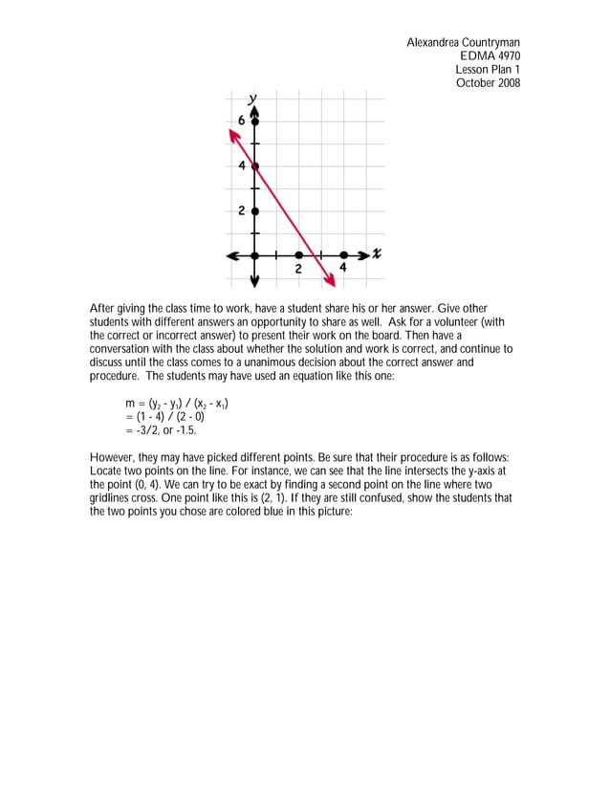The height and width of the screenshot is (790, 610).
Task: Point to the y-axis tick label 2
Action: tap(242, 210)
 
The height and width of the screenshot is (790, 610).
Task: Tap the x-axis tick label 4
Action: tap(342, 269)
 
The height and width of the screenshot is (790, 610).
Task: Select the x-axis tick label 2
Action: tap(298, 269)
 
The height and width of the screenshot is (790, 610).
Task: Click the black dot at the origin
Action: tap(255, 255)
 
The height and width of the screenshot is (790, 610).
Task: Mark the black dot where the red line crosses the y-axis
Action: tap(255, 165)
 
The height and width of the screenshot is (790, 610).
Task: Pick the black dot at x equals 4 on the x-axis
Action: tap(342, 255)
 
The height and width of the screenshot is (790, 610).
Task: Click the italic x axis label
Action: tap(378, 253)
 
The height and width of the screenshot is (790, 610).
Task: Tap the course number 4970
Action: tap(506, 56)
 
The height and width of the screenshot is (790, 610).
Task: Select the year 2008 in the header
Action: tap(506, 83)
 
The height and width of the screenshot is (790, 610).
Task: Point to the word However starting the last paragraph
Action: tap(114, 458)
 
